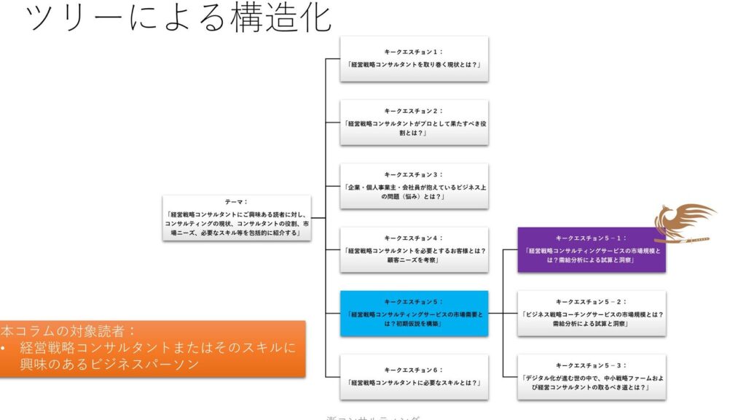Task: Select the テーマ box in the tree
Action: click(237, 217)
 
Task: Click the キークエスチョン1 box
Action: click(414, 59)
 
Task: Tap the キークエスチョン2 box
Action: click(414, 122)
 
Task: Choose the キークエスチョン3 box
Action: click(414, 186)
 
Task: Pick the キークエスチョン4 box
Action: click(414, 249)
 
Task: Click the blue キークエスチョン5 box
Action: click(414, 313)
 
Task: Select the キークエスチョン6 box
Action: click(414, 376)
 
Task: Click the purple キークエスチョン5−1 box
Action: click(592, 250)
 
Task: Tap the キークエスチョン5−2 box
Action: click(592, 313)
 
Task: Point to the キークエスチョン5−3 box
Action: click(592, 376)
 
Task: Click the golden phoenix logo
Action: click(683, 222)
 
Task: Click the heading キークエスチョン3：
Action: click(414, 175)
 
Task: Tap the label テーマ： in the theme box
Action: click(237, 201)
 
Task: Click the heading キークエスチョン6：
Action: click(414, 370)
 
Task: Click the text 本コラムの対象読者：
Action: click(69, 330)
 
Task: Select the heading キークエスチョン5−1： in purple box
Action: click(591, 238)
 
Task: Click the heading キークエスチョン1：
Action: click(414, 52)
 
